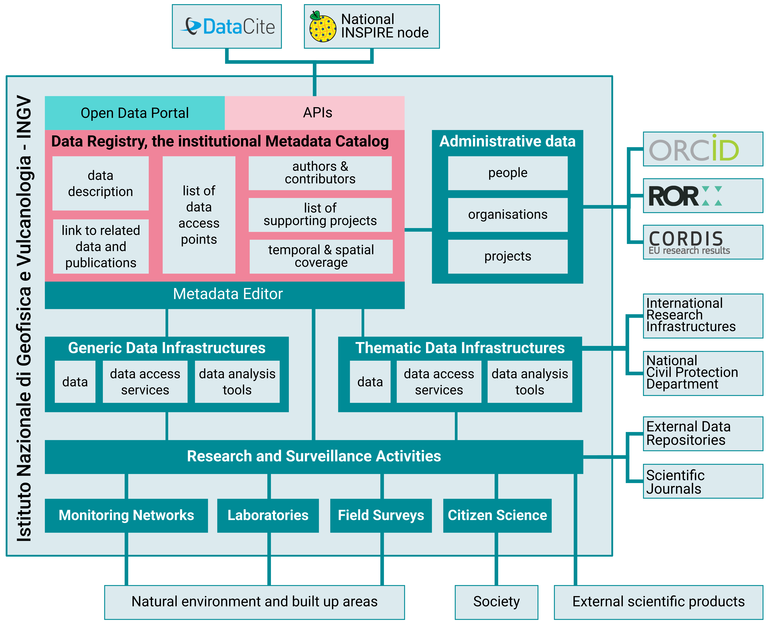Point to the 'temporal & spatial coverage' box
(321, 256)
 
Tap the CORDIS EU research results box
(703, 242)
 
